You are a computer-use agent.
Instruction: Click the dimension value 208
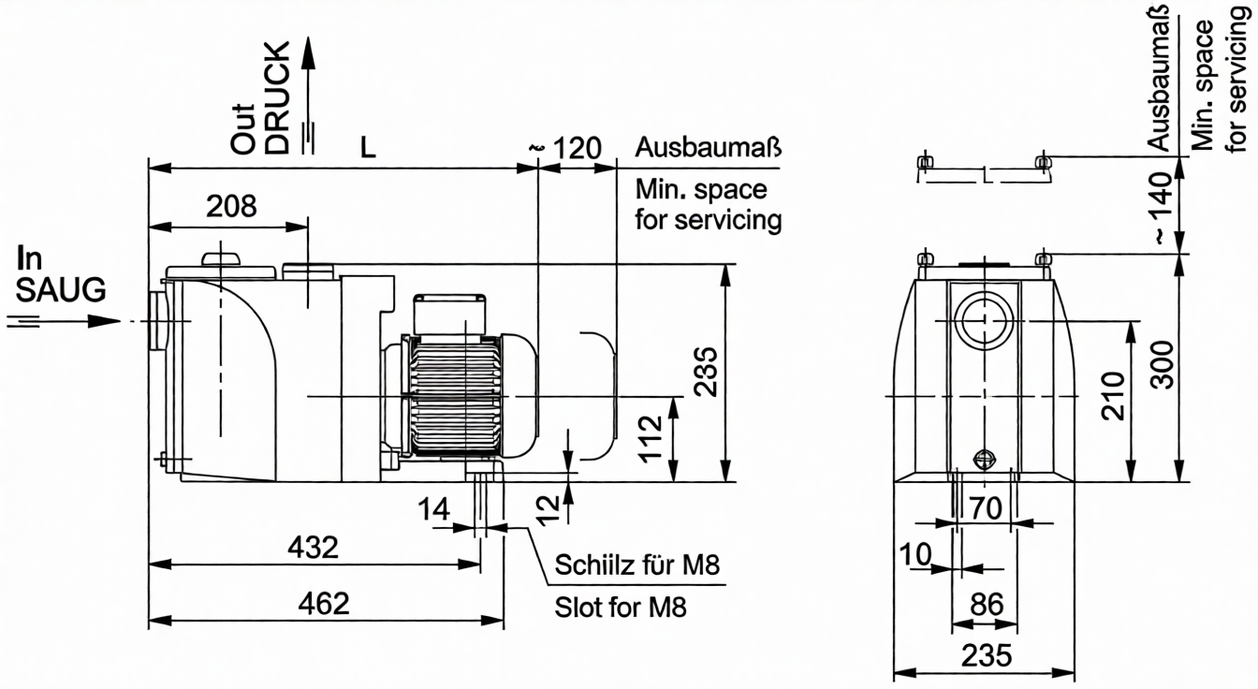coord(231,207)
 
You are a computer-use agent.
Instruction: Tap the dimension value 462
coord(325,603)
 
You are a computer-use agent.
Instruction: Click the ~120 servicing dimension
coord(566,148)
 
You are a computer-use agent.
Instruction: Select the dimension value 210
coord(1111,396)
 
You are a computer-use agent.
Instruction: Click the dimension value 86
coord(986,604)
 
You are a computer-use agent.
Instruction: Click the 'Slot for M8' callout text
coord(621,608)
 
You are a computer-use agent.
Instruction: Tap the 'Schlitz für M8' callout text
coord(638,566)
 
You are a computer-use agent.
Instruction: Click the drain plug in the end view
coord(984,459)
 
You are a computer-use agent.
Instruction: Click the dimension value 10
coord(918,554)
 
